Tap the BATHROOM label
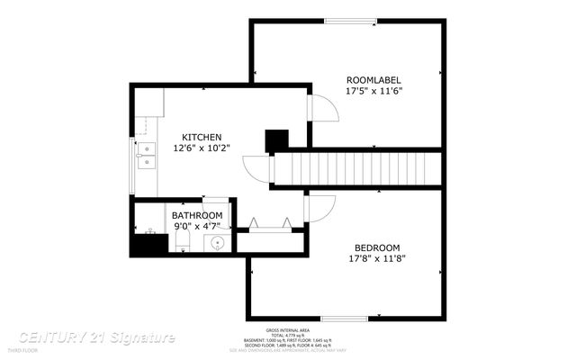click(x=197, y=216)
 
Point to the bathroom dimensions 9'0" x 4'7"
click(x=197, y=227)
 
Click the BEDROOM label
click(x=377, y=247)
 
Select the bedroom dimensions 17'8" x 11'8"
click(x=377, y=259)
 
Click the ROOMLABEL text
click(x=373, y=79)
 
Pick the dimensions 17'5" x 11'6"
click(x=373, y=91)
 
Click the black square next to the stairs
click(x=276, y=140)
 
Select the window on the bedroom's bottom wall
click(x=344, y=317)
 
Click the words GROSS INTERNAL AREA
click(x=287, y=330)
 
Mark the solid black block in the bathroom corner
click(x=144, y=243)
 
